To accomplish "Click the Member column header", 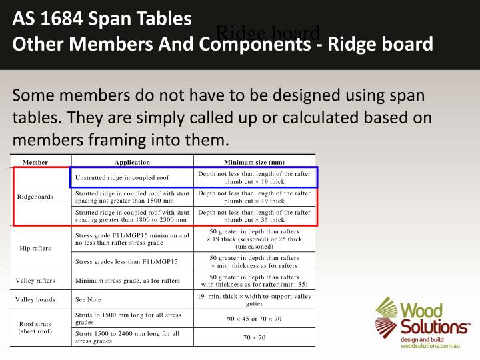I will (x=35, y=162).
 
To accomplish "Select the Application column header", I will (x=132, y=162).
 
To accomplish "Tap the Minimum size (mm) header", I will (x=254, y=162).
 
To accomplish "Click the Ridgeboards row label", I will (x=35, y=197).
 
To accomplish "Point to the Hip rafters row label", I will (x=35, y=248).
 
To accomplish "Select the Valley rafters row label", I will (x=35, y=281).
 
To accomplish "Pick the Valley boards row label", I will (x=35, y=300).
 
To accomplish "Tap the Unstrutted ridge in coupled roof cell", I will (x=122, y=178).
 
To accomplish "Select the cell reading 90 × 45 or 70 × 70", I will (x=254, y=319).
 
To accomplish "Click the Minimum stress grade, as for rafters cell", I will (x=127, y=281).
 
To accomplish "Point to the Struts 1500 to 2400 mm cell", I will (x=127, y=337).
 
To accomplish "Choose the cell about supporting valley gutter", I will (x=254, y=299).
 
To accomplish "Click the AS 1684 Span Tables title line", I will (x=103, y=19).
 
